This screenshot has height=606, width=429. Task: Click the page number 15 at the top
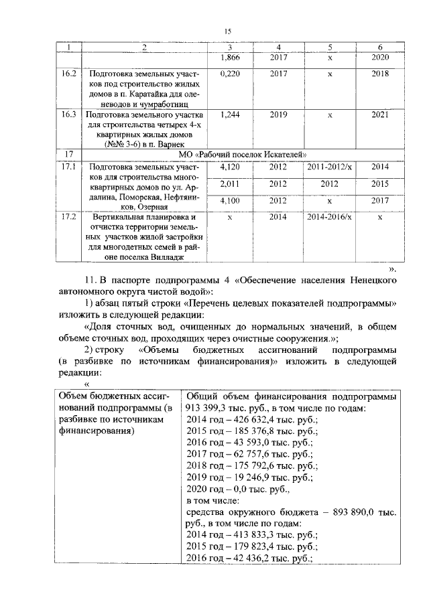[227, 31]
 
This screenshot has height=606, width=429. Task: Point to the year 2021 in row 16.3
[379, 115]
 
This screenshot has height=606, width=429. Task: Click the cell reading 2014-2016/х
[329, 218]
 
